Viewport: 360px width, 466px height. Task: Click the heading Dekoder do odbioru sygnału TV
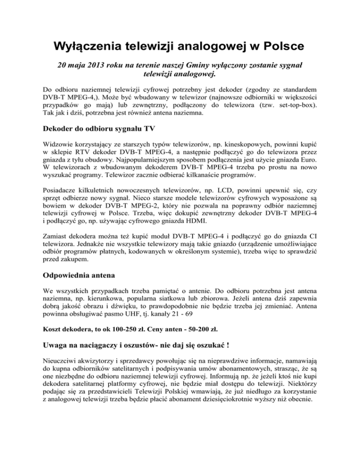(x=100, y=131)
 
